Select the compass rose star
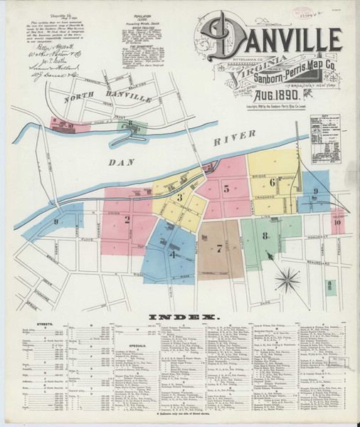(288, 275)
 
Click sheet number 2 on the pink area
(127, 219)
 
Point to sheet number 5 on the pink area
(226, 189)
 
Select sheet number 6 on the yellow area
(272, 181)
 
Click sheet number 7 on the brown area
(219, 248)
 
